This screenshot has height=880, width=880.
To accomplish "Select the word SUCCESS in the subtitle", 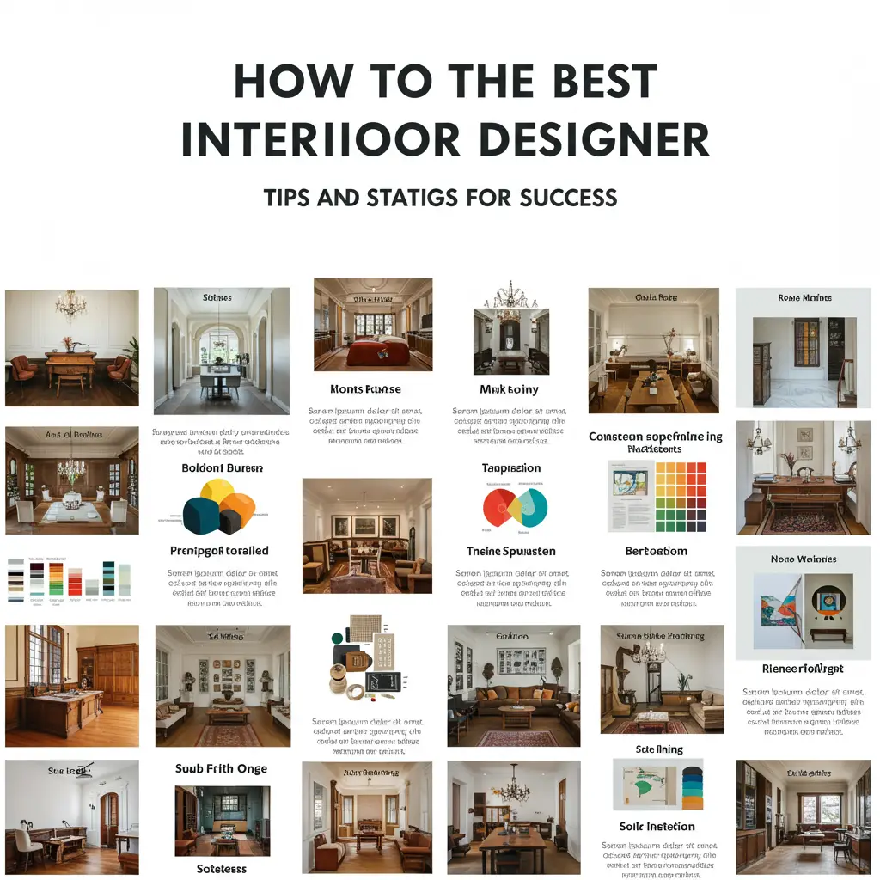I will (x=568, y=198).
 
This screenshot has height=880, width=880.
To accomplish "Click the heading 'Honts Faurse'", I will (x=366, y=389).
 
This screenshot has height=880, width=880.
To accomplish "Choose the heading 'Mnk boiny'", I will (x=509, y=389).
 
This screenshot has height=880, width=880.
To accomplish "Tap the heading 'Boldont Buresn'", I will (x=222, y=468).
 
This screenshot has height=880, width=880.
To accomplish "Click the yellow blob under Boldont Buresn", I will (x=217, y=493).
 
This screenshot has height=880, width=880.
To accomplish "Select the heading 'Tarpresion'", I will (x=511, y=468).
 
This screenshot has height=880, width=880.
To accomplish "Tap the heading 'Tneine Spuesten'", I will (x=510, y=551).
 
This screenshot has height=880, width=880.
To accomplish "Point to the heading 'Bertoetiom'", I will (x=656, y=551).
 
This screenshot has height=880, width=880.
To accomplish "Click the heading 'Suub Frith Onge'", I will (x=222, y=768).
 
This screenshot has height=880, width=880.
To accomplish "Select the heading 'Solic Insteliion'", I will (x=657, y=826).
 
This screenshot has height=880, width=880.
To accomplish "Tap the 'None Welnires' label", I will (x=804, y=559).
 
